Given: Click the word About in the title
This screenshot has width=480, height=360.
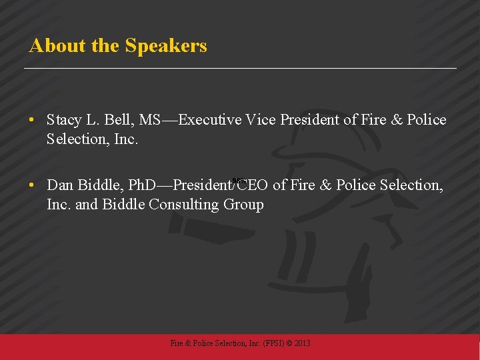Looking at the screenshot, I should coord(51,46).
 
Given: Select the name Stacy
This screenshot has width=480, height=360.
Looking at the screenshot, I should coord(64,121).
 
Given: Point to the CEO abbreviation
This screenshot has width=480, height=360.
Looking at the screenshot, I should coord(254,185).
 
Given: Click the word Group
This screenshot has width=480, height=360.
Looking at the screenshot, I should coord(244,204).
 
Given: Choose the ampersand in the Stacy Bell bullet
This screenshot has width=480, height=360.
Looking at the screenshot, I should coord(398,121).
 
